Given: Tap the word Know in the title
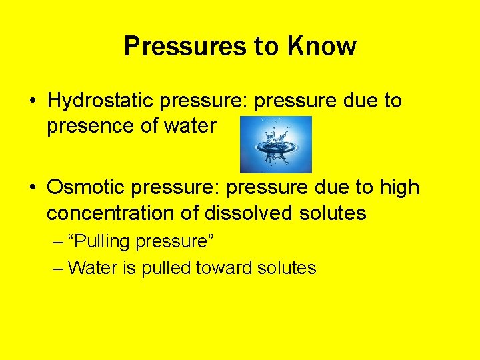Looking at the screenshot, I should [322, 47].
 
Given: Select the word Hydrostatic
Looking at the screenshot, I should [100, 101].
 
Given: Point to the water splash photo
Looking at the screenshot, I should [275, 144].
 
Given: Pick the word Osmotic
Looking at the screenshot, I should [86, 188].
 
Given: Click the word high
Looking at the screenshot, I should [400, 188].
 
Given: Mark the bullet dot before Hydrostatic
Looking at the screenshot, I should [32, 102].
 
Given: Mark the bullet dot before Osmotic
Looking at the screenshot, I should [32, 189].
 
